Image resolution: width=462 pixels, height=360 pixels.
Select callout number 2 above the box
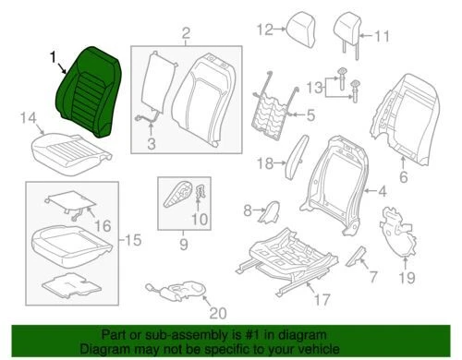click(x=185, y=35)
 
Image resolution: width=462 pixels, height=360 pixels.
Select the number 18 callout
click(x=264, y=162)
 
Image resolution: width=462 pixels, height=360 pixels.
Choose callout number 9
click(x=183, y=244)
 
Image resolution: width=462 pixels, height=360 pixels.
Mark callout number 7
click(x=373, y=275)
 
